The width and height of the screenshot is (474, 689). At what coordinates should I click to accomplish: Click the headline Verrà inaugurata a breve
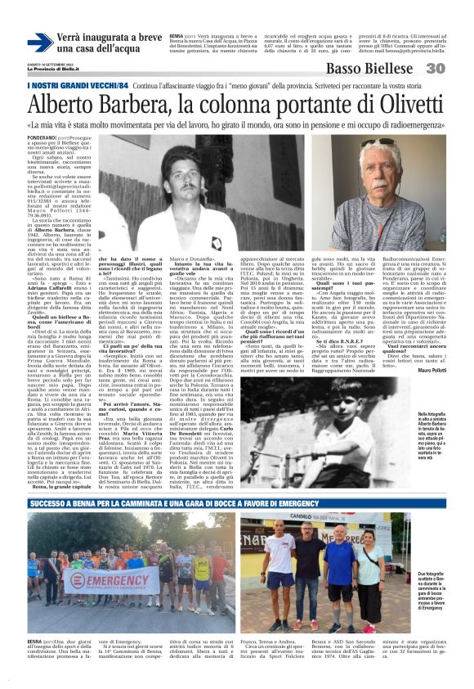pos(110,38)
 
